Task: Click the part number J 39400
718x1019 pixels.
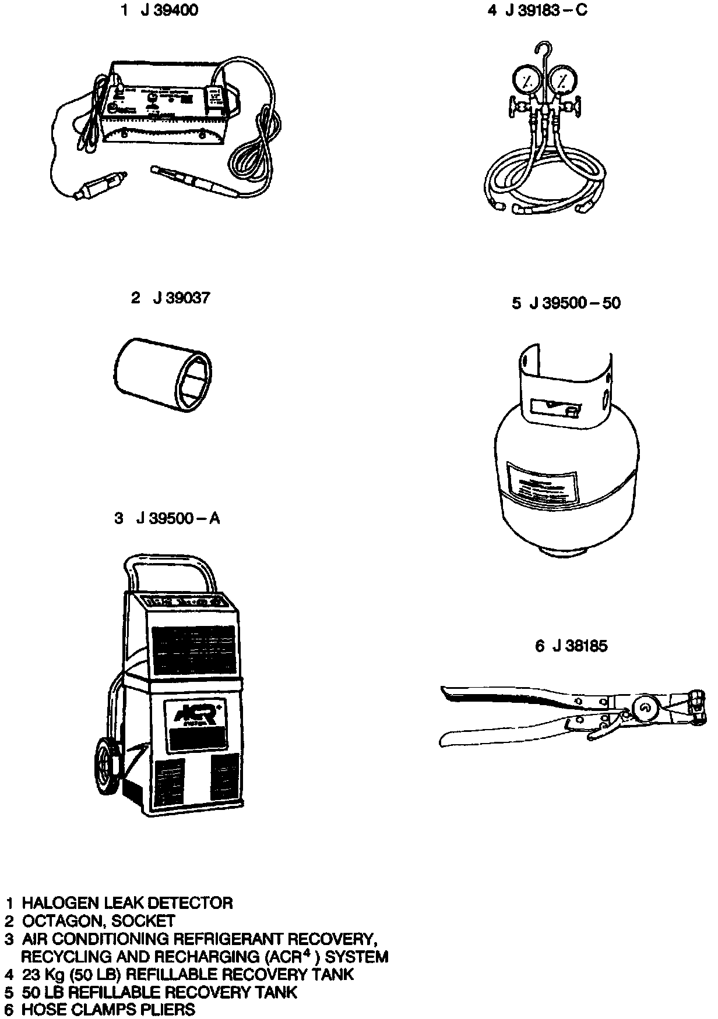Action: click(x=169, y=11)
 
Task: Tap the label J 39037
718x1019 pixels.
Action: click(x=181, y=298)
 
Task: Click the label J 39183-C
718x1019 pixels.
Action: click(x=545, y=11)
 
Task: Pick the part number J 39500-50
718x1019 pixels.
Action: click(x=575, y=303)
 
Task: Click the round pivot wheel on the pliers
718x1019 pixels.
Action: click(x=645, y=708)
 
